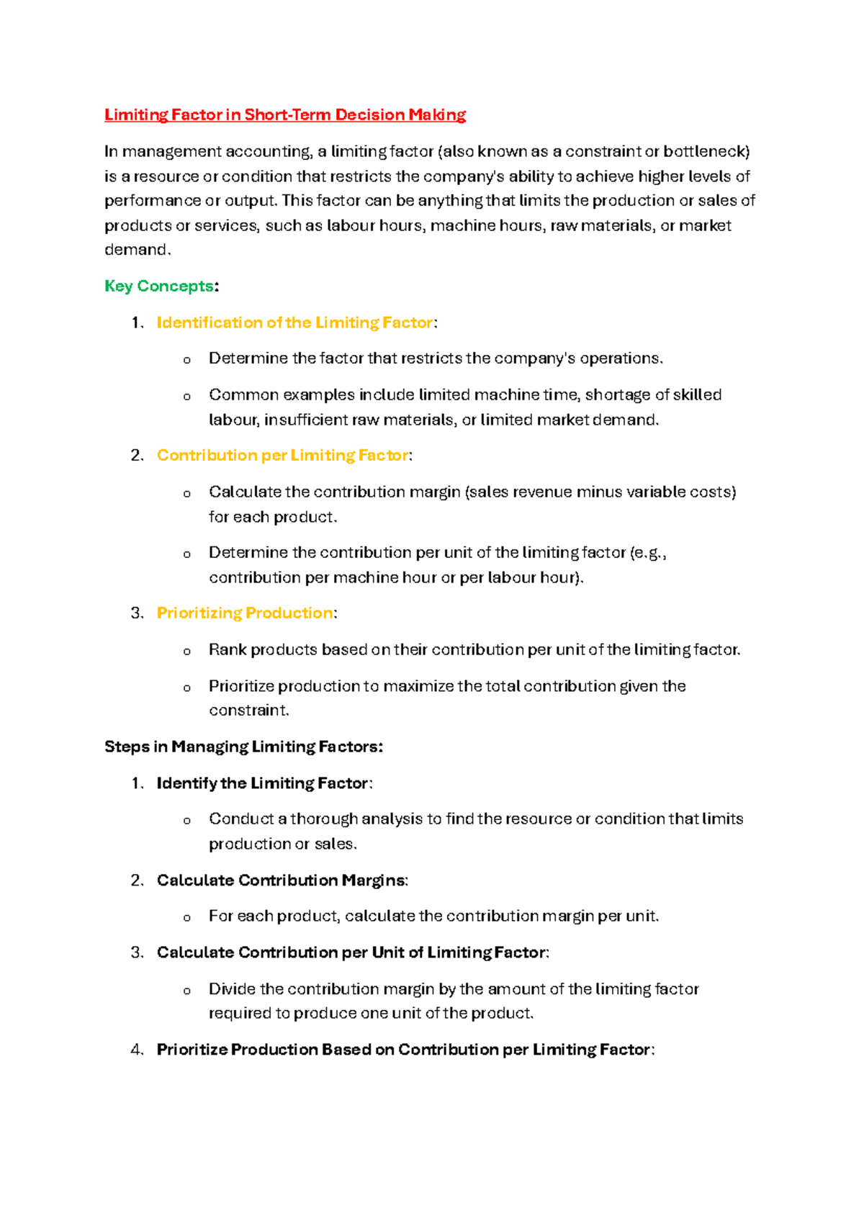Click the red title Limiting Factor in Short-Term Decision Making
(285, 115)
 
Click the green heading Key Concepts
(159, 286)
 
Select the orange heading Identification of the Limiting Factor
(295, 323)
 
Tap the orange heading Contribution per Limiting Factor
(283, 455)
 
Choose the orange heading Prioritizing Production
(245, 613)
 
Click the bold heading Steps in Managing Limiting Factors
(243, 747)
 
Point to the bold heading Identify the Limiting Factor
(263, 783)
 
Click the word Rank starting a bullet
(228, 649)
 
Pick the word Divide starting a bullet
(232, 988)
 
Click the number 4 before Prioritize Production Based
(137, 1050)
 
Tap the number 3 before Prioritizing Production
(137, 613)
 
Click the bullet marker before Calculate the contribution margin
(187, 493)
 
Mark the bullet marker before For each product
(187, 917)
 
